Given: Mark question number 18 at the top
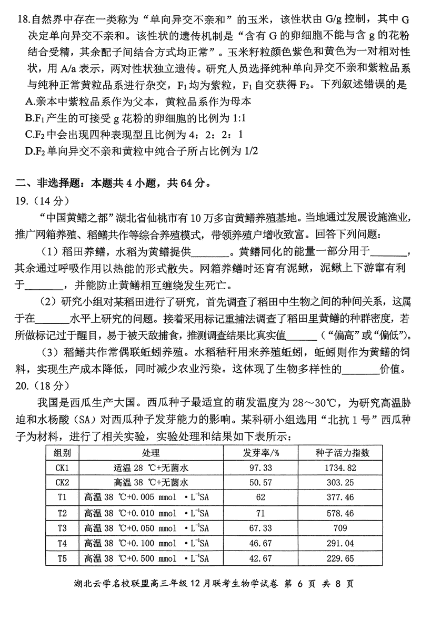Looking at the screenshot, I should (x=24, y=21).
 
